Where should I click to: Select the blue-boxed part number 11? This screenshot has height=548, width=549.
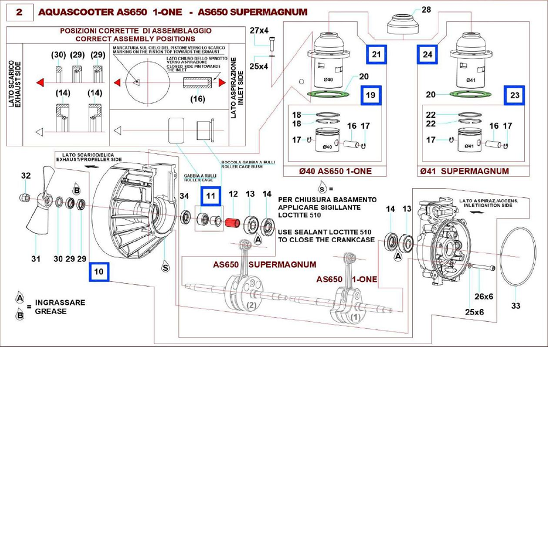(211, 196)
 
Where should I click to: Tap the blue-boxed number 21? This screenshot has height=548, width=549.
(376, 55)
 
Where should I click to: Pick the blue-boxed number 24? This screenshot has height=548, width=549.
(427, 55)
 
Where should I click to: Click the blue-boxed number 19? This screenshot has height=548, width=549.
(371, 95)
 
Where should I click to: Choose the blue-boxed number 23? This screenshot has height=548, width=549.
(514, 95)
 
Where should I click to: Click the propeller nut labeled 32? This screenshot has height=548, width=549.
(24, 197)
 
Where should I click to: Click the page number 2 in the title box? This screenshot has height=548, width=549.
(19, 12)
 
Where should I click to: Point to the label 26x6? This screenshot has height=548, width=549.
(484, 296)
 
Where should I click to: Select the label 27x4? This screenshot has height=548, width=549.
(260, 31)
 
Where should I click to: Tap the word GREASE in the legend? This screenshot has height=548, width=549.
(50, 311)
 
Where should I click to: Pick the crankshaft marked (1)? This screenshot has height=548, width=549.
(351, 304)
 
